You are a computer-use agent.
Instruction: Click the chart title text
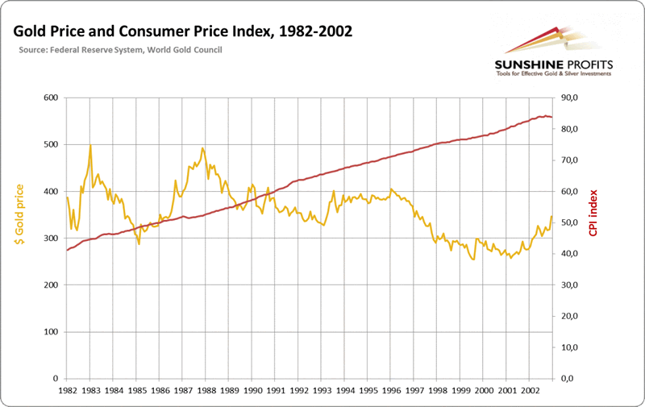tap(181, 31)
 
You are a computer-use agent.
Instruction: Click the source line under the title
tap(120, 50)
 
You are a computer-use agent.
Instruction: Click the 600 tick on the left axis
tap(51, 98)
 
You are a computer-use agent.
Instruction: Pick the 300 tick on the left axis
tap(51, 239)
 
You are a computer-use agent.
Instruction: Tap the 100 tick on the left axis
tap(51, 332)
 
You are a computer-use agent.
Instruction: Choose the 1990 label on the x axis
tap(252, 390)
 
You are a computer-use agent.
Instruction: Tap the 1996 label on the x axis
tap(392, 390)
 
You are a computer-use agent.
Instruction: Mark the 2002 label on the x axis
tap(531, 390)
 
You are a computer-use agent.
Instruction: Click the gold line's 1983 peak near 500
tap(90, 146)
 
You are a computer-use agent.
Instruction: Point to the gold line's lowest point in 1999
tap(473, 260)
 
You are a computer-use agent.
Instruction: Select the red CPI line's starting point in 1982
tap(67, 250)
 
